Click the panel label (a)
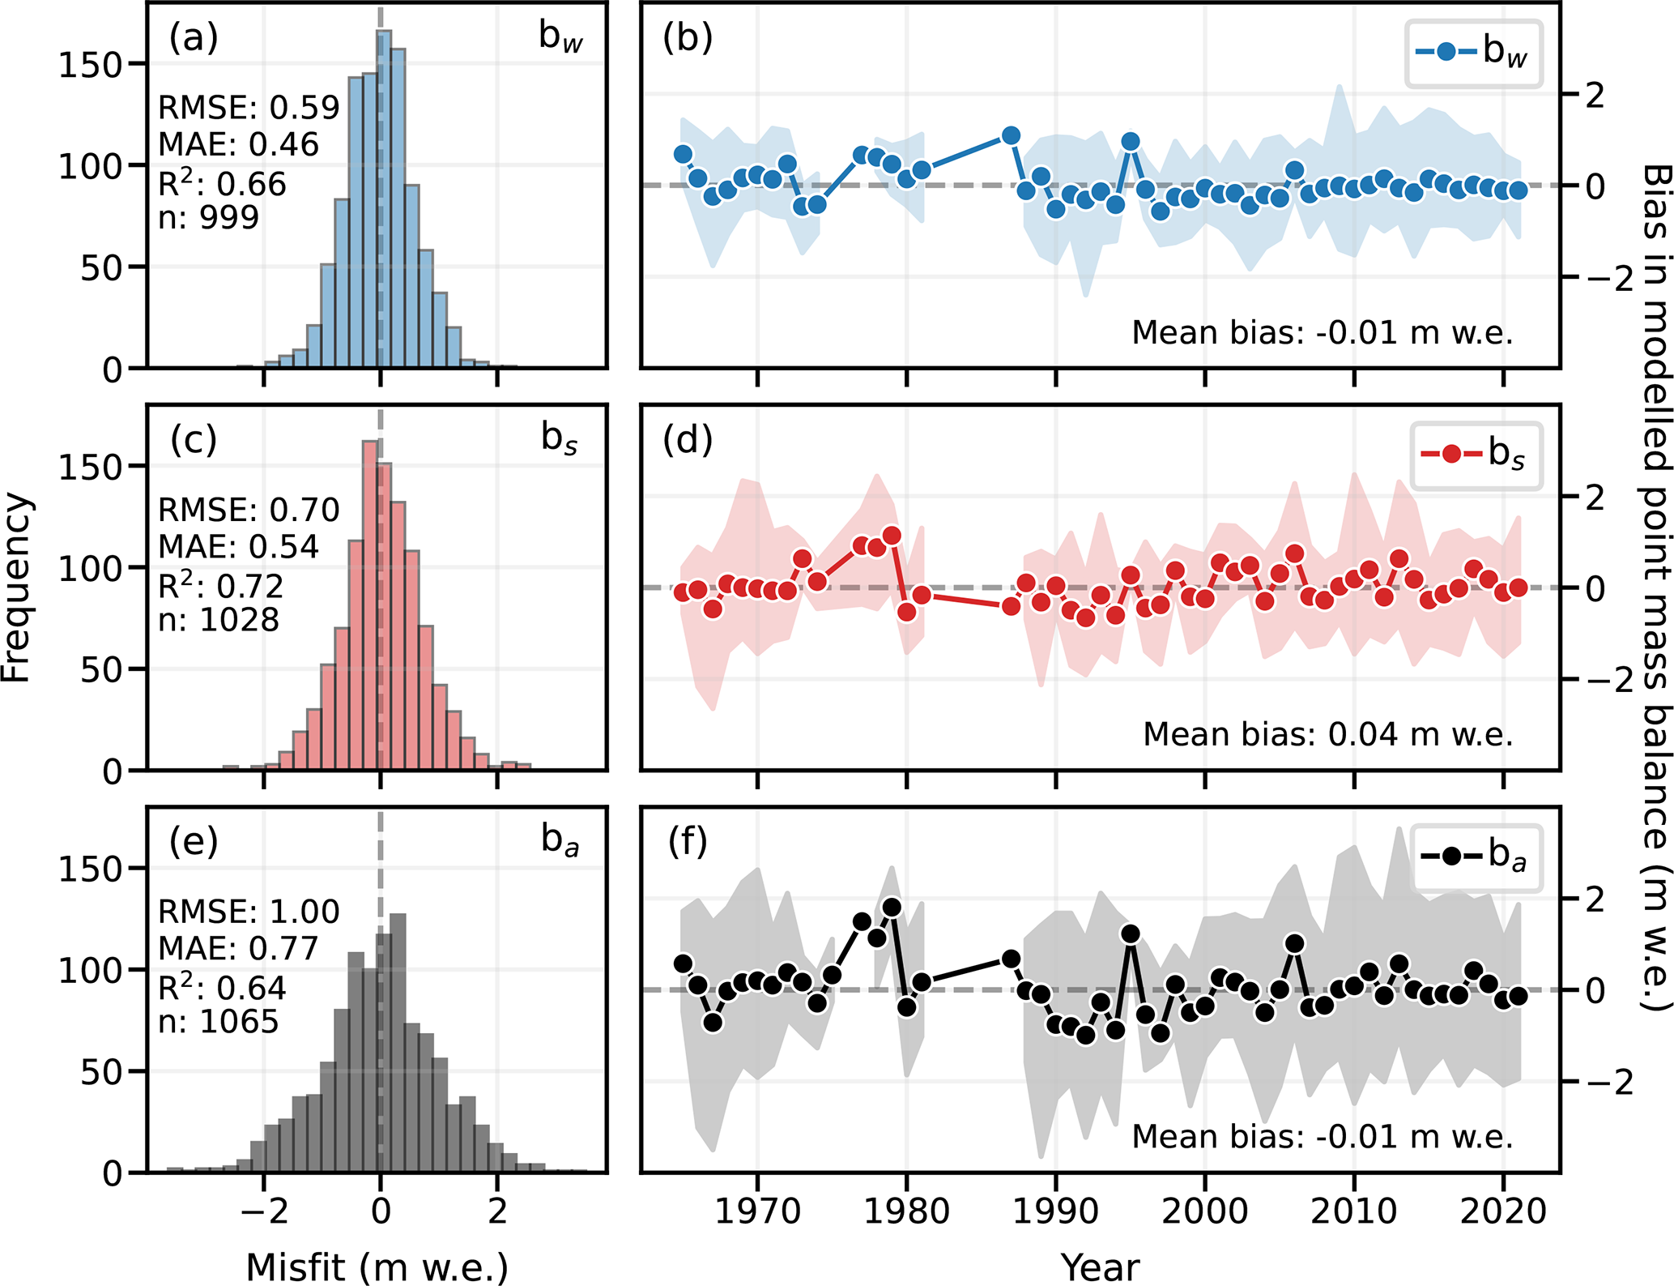click(194, 38)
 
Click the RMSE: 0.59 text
click(249, 108)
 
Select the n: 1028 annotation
click(219, 620)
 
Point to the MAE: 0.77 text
click(238, 948)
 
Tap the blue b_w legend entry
click(1472, 53)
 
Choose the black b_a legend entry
click(1475, 856)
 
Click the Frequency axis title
click(17, 587)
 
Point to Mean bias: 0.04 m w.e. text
click(1328, 734)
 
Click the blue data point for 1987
click(1011, 135)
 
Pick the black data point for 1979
click(892, 907)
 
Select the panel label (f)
click(688, 842)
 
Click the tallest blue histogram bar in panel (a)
click(384, 199)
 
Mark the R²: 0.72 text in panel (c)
click(220, 585)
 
